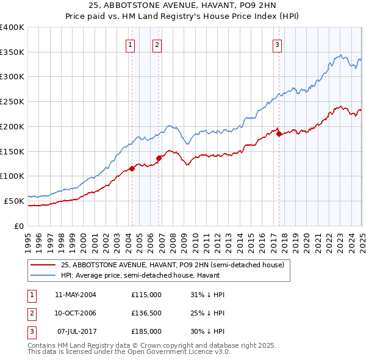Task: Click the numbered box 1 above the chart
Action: click(131, 44)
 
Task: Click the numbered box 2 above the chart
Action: click(157, 44)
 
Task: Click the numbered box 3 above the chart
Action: click(277, 44)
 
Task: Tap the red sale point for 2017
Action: click(279, 134)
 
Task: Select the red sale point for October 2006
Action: click(159, 158)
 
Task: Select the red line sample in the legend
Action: click(43, 265)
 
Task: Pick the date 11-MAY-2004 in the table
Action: click(76, 295)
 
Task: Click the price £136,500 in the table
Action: click(146, 313)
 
